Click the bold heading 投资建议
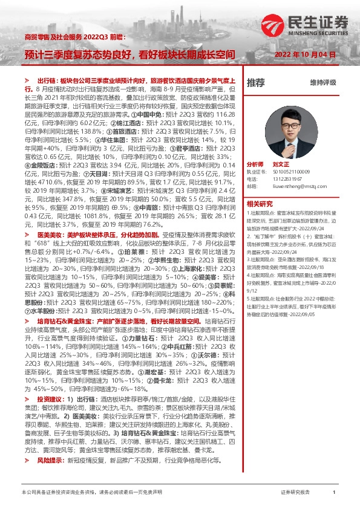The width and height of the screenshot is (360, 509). tap(50, 400)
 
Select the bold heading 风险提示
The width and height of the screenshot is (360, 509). tap(50, 460)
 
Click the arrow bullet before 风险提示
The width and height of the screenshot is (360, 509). tap(27, 460)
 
